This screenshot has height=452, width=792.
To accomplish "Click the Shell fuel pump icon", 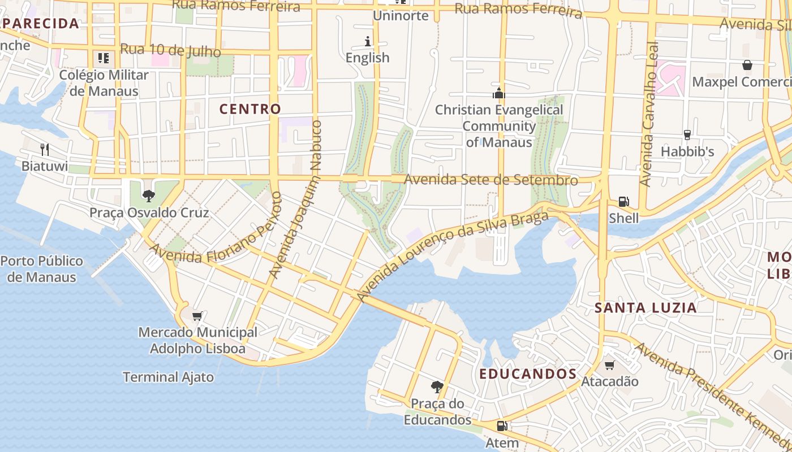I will coord(623,202).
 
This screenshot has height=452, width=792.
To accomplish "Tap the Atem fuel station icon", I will coord(502,426).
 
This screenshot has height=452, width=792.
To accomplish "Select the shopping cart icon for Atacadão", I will coord(609,365).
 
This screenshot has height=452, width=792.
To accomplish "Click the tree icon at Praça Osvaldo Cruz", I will coord(149,196).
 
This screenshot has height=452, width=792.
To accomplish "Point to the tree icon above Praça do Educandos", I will coord(437,387).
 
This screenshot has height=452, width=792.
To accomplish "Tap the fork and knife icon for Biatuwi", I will coord(45,150).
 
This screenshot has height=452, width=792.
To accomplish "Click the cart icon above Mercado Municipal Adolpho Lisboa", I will coord(197,316).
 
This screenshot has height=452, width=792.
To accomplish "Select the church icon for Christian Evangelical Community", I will coord(498,93).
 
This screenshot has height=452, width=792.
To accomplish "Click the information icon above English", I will coord(368,41).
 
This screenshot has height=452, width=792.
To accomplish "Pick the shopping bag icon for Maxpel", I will coord(747,65).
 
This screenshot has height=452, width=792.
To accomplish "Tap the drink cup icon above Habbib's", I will coord(687,135).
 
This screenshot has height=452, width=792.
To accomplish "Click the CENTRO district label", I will coord(250,109).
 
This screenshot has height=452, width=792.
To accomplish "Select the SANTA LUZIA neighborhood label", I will coord(645,308).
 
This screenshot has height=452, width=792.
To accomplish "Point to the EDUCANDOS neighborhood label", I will coord(528,374).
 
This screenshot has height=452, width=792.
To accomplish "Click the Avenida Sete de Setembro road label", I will coord(491,180).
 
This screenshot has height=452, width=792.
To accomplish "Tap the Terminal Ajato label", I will coord(169,377).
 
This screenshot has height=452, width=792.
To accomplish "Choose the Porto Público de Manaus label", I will coord(42,269).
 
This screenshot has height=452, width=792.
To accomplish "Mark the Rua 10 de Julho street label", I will coord(170,50).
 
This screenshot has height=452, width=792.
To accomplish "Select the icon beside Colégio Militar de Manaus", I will coord(103,58).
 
